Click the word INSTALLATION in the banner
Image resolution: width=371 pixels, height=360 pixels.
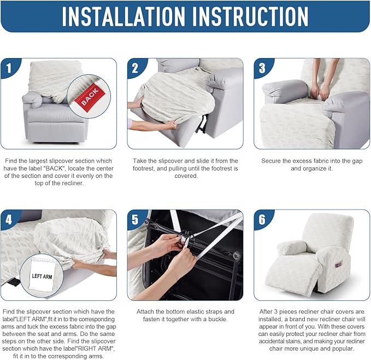123,16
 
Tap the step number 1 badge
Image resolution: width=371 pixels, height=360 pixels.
9,68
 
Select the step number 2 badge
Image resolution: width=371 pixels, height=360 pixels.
135,68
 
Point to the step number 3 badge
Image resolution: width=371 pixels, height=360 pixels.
262,68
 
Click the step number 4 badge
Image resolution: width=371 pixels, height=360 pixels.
9,219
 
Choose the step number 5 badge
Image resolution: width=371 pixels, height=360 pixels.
135,219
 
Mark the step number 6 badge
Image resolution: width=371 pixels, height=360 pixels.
262,219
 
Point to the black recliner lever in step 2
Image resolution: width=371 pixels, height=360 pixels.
202,123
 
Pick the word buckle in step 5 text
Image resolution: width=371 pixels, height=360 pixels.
217,319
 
